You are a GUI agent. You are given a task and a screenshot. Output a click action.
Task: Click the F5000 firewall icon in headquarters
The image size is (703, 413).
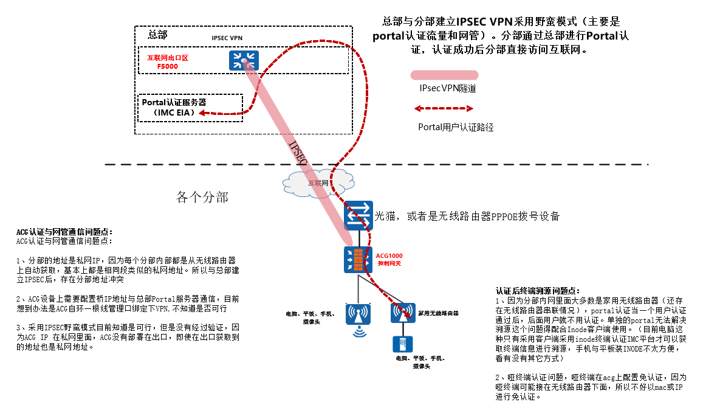[x=244, y=60]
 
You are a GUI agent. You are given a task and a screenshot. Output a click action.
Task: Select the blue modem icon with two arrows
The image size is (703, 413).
[x=358, y=215]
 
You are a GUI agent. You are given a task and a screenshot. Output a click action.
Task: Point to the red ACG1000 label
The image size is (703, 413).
[x=389, y=256]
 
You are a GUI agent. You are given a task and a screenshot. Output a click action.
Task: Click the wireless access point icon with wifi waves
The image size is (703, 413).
[x=358, y=314]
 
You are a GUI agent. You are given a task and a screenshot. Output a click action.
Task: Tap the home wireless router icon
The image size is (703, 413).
[x=402, y=313]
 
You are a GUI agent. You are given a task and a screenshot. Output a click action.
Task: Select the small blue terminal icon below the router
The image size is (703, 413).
[x=402, y=344]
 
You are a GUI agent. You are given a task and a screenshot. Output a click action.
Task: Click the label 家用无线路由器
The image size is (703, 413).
[x=438, y=313]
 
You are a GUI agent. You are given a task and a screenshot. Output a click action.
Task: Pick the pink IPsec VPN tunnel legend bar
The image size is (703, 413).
[x=444, y=75]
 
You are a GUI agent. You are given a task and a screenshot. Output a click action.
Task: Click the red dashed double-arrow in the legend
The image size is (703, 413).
[x=444, y=108]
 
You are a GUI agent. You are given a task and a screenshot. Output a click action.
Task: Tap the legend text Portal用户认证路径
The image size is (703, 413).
[x=456, y=128]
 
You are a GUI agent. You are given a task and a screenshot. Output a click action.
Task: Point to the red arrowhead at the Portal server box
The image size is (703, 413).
[x=200, y=113]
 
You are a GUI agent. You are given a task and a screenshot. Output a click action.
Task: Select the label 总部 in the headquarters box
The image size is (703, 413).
[x=157, y=35]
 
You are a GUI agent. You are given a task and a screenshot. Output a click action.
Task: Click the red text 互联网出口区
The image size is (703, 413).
[x=168, y=58]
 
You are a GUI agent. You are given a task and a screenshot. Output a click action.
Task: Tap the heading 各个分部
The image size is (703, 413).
[x=202, y=197]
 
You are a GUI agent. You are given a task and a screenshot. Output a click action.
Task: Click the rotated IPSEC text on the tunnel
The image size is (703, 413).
[x=297, y=151]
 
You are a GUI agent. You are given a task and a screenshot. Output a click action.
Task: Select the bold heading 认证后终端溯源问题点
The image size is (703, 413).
[x=538, y=291]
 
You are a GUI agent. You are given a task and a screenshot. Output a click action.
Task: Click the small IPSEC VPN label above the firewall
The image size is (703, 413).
[x=228, y=38]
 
